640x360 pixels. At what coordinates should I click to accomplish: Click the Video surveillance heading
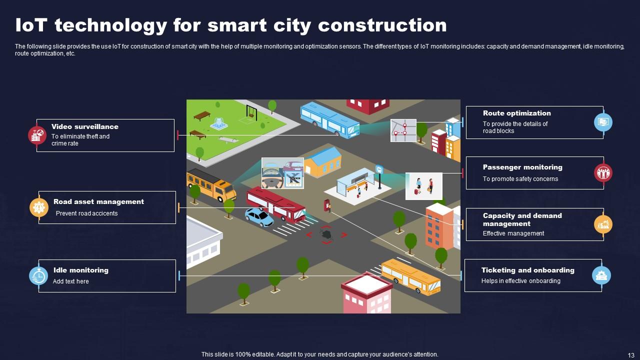click(84, 127)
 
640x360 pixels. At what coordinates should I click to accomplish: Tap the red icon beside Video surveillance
click(37, 135)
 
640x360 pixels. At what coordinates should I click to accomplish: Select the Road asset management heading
click(98, 202)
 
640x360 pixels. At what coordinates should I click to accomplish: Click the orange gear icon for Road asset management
click(38, 207)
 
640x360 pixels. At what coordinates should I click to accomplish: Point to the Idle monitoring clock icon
click(38, 275)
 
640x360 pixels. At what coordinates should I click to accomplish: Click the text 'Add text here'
click(71, 281)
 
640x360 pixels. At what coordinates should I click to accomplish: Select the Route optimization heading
click(516, 113)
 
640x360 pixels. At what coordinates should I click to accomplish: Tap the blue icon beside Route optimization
click(603, 122)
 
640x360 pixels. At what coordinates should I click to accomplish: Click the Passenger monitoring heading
click(522, 167)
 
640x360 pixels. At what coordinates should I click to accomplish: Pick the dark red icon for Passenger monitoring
click(603, 173)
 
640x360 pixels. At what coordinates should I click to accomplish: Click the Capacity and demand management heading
click(522, 219)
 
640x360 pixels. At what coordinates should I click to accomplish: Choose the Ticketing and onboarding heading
click(527, 270)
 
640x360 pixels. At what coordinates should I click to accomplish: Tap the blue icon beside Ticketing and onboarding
click(601, 275)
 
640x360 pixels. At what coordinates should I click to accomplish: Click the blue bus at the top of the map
click(329, 119)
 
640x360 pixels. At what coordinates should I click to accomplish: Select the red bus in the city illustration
click(275, 203)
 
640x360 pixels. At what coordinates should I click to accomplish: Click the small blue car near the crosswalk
click(259, 217)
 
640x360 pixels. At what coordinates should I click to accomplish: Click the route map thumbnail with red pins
click(403, 130)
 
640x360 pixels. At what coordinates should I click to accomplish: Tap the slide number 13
click(630, 354)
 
